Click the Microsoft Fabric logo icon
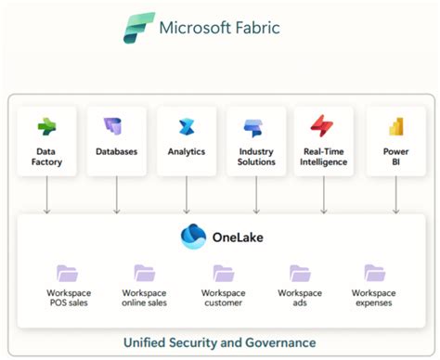140,28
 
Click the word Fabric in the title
250,27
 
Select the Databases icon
116,127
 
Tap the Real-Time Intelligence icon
323,127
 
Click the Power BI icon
395,127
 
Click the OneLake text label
237,238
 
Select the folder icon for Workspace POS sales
67,274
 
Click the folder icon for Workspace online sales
144,274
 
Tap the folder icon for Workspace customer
223,274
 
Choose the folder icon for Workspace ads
300,274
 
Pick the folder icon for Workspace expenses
374,274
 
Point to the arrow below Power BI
395,195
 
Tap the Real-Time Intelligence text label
323,157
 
